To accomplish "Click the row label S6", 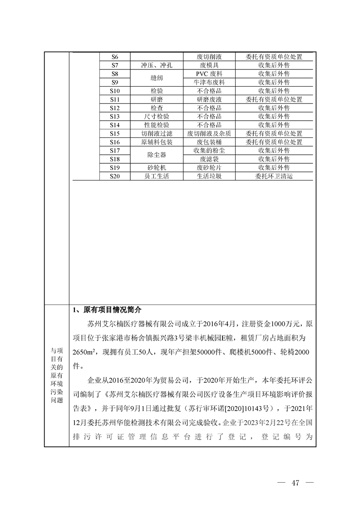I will pos(114,57).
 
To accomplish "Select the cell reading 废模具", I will pos(209,65).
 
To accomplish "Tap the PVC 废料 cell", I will pos(209,74).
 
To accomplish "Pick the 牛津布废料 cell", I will pos(209,83).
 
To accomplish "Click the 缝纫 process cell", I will pos(157,78).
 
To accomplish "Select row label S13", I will pos(114,117).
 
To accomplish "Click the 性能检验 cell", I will pos(157,125).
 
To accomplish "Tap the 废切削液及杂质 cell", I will pos(209,134).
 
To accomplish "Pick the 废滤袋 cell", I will pos(209,159).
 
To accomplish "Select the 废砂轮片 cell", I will pos(209,168).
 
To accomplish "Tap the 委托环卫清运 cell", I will pos(274,176).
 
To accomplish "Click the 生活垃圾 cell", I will pos(209,176).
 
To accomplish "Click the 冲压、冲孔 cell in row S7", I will pos(157,65).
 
